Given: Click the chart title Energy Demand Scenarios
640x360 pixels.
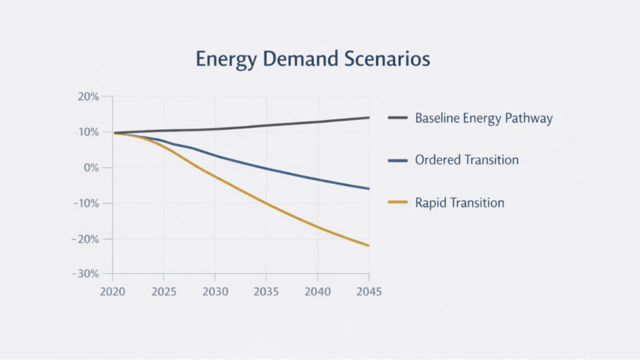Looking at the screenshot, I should (312, 59).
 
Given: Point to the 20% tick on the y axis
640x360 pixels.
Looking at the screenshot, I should (89, 97).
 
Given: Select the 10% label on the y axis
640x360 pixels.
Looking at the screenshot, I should (89, 132).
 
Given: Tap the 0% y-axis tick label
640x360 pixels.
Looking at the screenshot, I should (91, 168).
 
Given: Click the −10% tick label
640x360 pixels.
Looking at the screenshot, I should (86, 204).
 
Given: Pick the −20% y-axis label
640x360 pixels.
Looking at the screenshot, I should (86, 239).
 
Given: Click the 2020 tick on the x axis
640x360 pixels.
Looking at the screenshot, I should (112, 292).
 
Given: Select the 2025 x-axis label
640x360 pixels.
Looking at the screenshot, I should (164, 292).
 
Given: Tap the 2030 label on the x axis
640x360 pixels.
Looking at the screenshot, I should (215, 292).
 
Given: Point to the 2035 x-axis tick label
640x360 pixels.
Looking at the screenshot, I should (266, 292).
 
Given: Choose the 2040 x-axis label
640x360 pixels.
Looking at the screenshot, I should (317, 292).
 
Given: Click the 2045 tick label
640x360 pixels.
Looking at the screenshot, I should (369, 292).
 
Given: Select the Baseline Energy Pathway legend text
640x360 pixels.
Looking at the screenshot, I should (484, 118).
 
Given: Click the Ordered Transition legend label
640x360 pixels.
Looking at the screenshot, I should (467, 160).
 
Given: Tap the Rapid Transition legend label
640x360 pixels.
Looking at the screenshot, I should (459, 202).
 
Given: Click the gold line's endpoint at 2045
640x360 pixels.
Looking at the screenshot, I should (369, 246).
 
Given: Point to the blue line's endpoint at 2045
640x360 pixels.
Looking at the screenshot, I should (369, 189).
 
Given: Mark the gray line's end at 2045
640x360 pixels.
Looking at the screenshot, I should (369, 117).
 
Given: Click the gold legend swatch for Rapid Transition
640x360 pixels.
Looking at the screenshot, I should (397, 202).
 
